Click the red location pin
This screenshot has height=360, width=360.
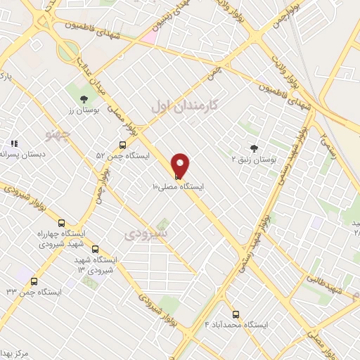pyautogui.click(x=181, y=165)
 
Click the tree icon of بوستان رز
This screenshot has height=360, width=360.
pyautogui.click(x=84, y=99)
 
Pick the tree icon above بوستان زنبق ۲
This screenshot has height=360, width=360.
pyautogui.click(x=253, y=148)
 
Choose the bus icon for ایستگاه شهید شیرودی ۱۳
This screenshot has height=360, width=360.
pyautogui.click(x=96, y=248)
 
